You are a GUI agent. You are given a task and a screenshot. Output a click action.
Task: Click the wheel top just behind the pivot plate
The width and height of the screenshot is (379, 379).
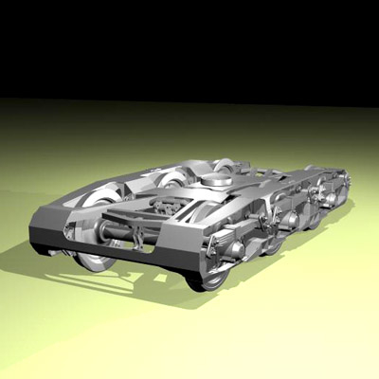coord(226,162)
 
